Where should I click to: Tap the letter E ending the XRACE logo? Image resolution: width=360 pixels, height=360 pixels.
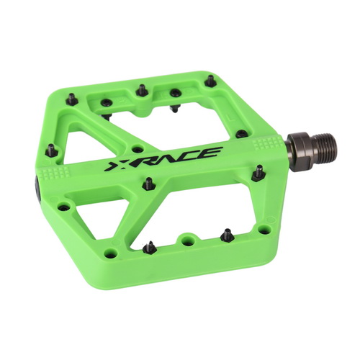tap(212, 153)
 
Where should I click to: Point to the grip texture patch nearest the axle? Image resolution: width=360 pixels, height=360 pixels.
tap(268, 143)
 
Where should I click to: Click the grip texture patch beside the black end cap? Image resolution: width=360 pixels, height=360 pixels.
tap(54, 173)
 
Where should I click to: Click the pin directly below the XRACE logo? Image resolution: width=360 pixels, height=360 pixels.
tap(149, 184)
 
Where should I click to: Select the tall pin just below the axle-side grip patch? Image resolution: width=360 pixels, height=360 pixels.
tap(258, 174)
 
